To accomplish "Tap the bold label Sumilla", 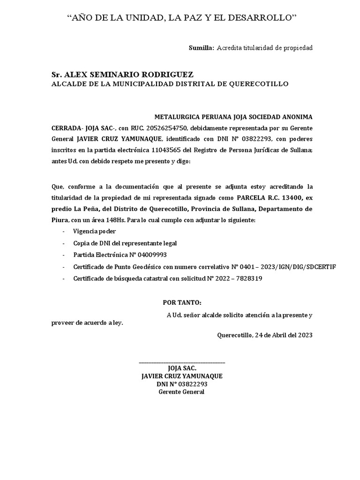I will coord(201,48).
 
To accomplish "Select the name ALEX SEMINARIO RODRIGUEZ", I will coord(128,75).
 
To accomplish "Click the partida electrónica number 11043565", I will coord(167,150).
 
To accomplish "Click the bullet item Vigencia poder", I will coord(94,232).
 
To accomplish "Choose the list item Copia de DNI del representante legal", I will coord(125,243).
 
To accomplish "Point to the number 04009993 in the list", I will coord(151,255).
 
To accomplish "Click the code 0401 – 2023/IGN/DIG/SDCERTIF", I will coord(284,267).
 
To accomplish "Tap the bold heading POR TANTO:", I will coord(182,303).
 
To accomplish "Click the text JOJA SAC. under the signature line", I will coord(182,369).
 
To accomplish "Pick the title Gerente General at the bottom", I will coord(182,392).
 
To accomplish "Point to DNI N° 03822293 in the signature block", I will coord(182,384).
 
